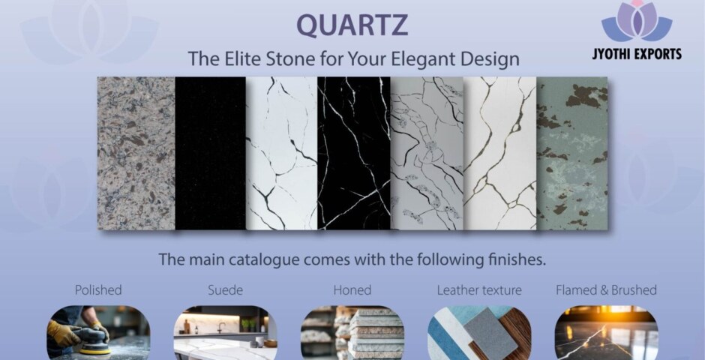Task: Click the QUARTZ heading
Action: (x=352, y=25)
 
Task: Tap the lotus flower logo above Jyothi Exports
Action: (x=637, y=22)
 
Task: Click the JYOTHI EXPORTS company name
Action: (x=641, y=54)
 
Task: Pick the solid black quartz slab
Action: (x=210, y=153)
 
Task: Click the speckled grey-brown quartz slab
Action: (x=136, y=153)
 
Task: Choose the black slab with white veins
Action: (x=353, y=153)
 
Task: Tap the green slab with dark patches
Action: (x=571, y=153)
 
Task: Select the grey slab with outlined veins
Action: (x=427, y=153)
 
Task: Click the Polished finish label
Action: (x=98, y=289)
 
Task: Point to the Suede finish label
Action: (x=225, y=289)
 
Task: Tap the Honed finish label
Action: (x=352, y=289)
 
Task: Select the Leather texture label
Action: (x=479, y=289)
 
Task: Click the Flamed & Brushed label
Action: (x=606, y=289)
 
